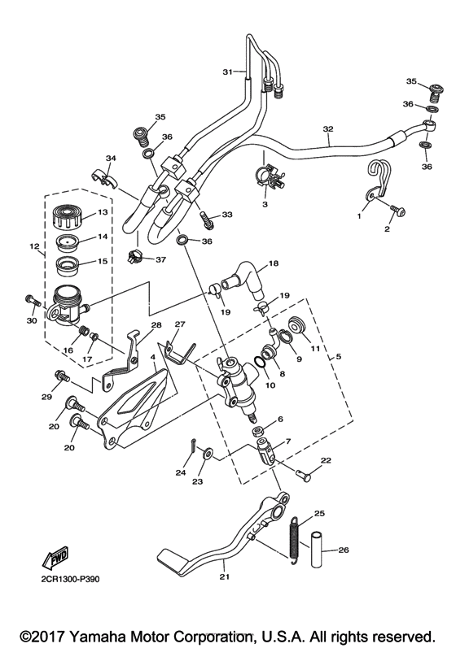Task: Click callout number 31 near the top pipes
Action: [x=229, y=72]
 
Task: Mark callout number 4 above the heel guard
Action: [x=153, y=358]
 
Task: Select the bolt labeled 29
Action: [x=60, y=375]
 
